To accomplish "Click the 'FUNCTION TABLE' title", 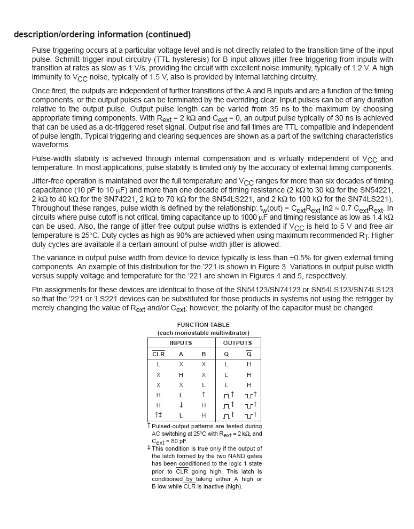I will coord(203,325).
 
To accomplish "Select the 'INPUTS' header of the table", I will coord(181,343).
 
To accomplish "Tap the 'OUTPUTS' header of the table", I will coord(237,343).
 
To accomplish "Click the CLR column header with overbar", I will coord(158,354).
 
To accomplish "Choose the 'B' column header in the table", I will coord(204,354).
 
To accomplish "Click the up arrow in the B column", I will coord(204,395).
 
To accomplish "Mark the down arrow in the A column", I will coord(181,405).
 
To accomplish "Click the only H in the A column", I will coord(181,375).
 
